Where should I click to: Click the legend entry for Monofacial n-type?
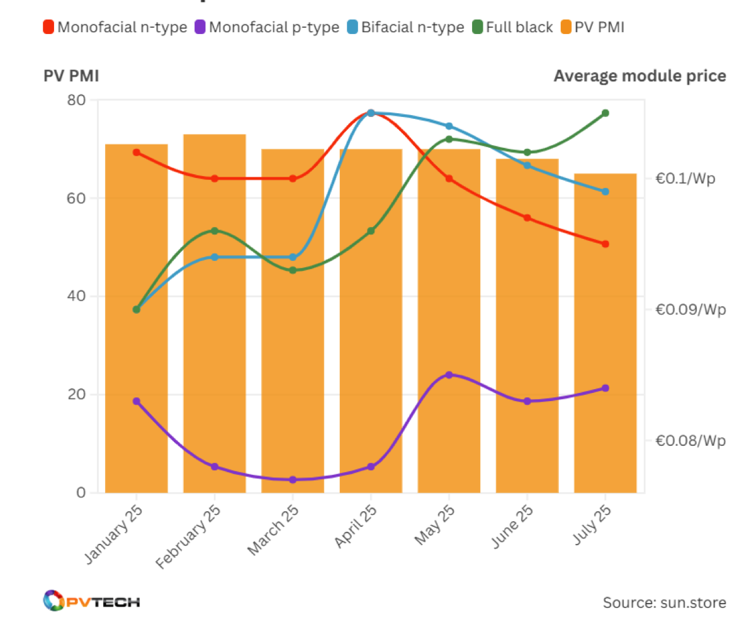[x=115, y=27]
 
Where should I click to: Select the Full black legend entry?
[x=513, y=27]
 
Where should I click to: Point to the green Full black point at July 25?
[x=605, y=113]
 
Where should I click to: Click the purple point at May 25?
[x=449, y=375]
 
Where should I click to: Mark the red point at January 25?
[x=137, y=152]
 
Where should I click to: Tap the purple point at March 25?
[x=293, y=480]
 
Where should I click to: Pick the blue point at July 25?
[x=605, y=191]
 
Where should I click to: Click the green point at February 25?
[x=214, y=231]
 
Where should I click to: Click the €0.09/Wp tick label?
[x=690, y=309]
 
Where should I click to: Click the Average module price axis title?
[x=640, y=76]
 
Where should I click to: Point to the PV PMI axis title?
[x=71, y=76]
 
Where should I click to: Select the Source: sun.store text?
[x=664, y=602]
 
